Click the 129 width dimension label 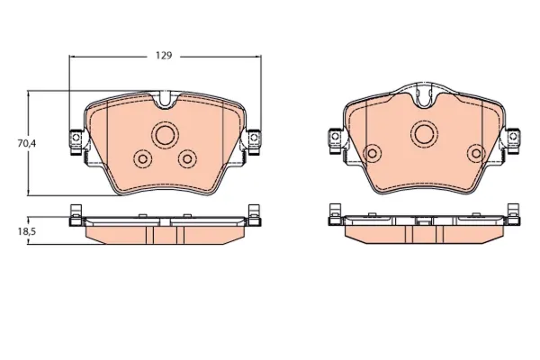click(x=164, y=56)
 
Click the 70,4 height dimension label click(x=27, y=143)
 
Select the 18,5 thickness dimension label click(x=27, y=231)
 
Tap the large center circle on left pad click(x=166, y=135)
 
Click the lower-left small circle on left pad click(x=142, y=158)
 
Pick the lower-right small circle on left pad click(x=187, y=158)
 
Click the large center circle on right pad click(x=424, y=134)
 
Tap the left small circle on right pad click(x=373, y=153)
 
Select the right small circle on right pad click(x=476, y=153)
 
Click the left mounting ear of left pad click(x=76, y=141)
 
